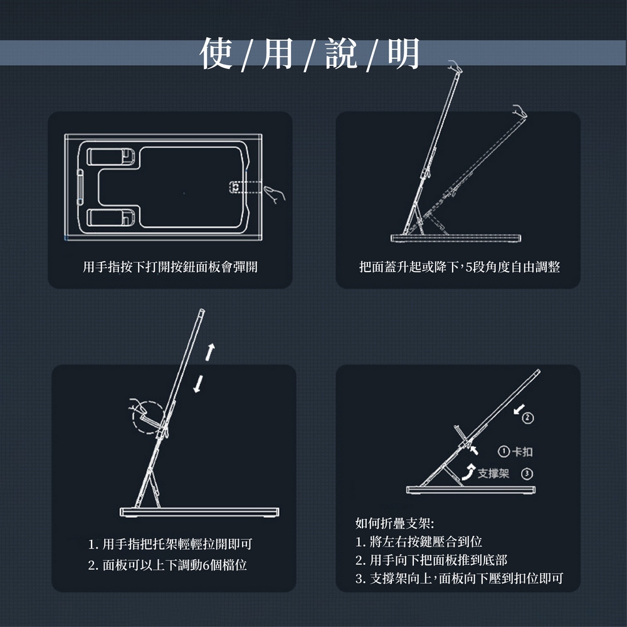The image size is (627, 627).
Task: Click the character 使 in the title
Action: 216,53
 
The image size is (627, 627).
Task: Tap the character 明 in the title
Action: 403,53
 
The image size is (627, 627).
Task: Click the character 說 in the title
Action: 340,53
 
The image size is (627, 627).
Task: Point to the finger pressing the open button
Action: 275,194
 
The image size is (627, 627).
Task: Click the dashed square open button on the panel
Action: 234,187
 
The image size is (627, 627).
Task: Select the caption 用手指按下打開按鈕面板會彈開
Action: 170,266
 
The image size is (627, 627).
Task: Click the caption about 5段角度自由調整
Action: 460,266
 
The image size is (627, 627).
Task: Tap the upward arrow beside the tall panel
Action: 210,352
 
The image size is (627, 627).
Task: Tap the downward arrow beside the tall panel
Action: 198,384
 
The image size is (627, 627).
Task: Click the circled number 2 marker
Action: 528,418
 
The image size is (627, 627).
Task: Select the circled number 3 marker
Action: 527,474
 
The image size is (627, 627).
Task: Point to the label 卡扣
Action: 522,452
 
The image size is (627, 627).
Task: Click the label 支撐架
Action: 493,473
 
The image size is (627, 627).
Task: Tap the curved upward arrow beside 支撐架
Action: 468,473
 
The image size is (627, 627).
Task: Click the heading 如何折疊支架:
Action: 394,523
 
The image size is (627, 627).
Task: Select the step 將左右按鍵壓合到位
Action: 419,542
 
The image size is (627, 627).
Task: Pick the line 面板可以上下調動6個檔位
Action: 167,565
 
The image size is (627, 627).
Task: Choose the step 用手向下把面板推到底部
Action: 431,560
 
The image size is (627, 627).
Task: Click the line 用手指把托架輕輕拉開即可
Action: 171,544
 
